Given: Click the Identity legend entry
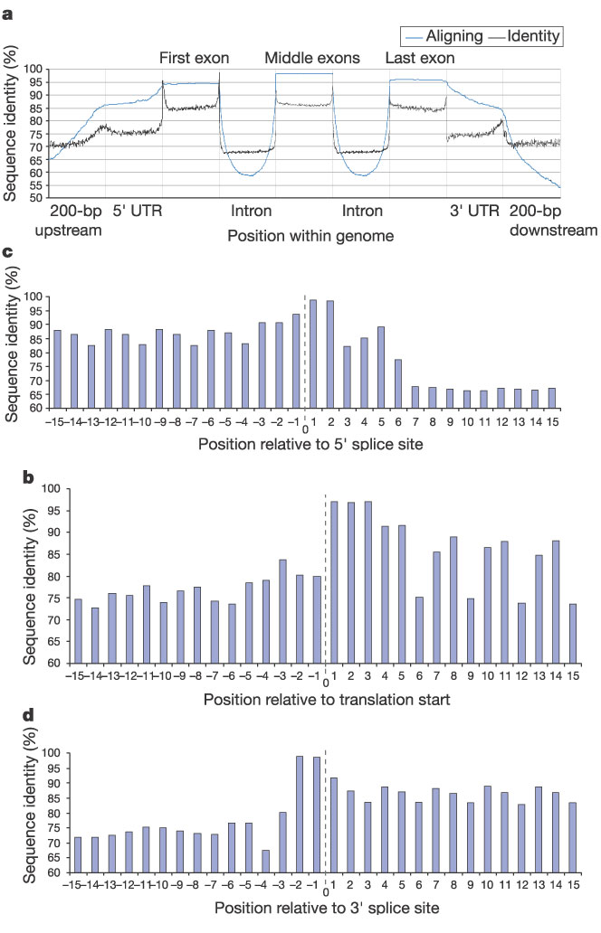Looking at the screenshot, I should pyautogui.click(x=527, y=36).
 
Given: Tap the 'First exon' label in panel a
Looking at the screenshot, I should pyautogui.click(x=194, y=59).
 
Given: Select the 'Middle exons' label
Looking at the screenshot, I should pyautogui.click(x=312, y=59).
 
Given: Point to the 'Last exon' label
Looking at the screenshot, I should pyautogui.click(x=419, y=59).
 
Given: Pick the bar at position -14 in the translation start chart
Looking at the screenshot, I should pyautogui.click(x=95, y=636).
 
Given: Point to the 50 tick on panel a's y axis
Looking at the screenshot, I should pyautogui.click(x=37, y=197).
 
